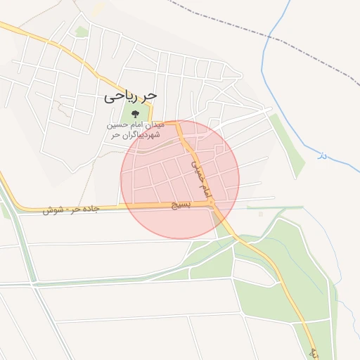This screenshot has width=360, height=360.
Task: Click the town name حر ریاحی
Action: (x=131, y=94)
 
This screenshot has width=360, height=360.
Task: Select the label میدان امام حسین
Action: (x=136, y=124)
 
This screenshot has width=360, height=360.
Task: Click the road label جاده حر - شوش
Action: (x=70, y=209)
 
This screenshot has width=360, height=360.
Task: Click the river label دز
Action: (x=322, y=154)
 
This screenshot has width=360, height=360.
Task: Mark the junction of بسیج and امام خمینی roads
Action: (x=211, y=203)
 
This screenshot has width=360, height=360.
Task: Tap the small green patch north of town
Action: (x=82, y=32)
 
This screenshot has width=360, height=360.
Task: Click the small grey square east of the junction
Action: (x=261, y=213)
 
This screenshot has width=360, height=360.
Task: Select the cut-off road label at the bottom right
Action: (x=314, y=351)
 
